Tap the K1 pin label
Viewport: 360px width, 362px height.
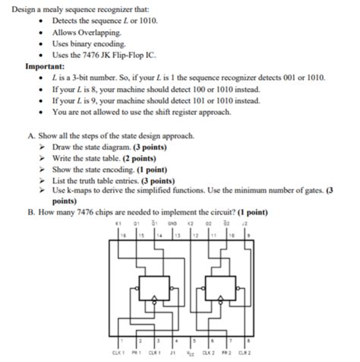(118, 224)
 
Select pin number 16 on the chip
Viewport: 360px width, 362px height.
(119, 237)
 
